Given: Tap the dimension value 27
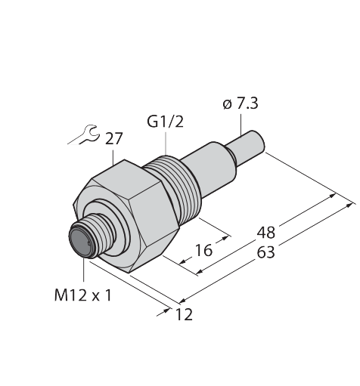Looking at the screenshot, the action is click(x=113, y=138).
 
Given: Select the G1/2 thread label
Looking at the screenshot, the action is click(x=165, y=122).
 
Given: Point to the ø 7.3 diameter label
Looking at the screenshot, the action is click(x=241, y=103).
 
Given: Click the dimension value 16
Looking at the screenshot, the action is click(x=203, y=250).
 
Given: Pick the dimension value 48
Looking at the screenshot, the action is click(x=266, y=233).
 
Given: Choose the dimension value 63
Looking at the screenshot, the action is click(x=265, y=252).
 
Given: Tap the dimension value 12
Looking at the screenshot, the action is click(x=184, y=314).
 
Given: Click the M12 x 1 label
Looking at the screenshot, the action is click(x=82, y=295).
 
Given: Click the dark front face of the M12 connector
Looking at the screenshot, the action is click(x=79, y=240).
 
